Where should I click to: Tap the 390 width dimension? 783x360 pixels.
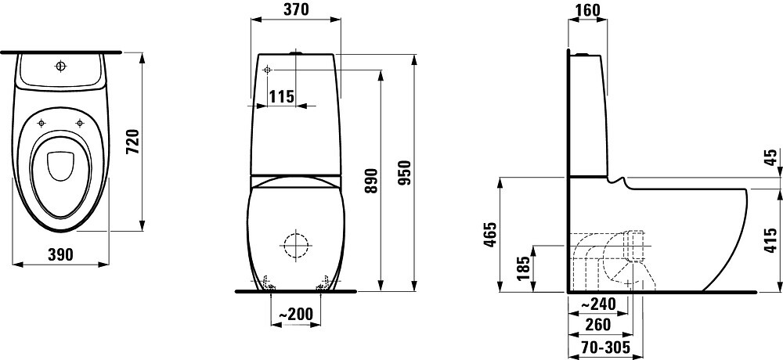pos(60,254)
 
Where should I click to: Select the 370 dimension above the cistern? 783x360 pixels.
pos(296,9)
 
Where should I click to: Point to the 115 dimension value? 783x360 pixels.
pos(281,96)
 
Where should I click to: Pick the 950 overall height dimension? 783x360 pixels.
pos(405,173)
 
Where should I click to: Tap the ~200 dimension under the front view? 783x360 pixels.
pos(295,314)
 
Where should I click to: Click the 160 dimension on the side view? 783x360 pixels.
pos(588,9)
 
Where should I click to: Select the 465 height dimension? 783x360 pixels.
pos(490,235)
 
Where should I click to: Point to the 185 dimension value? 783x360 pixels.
pos(522,268)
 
